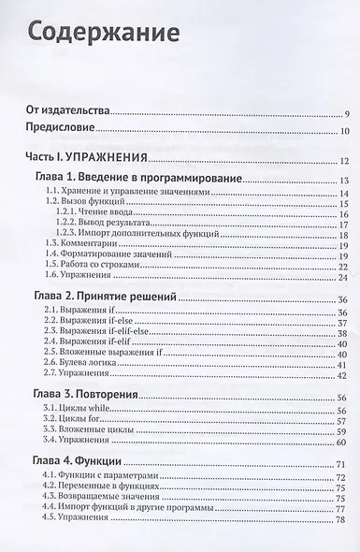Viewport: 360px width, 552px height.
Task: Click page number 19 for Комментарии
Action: [343, 241]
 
